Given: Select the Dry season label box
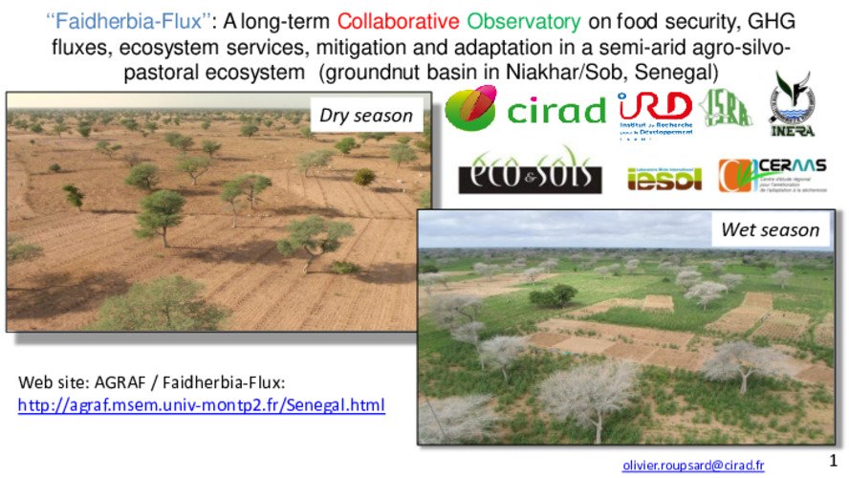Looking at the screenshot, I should coord(366,116).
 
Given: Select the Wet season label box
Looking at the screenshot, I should coord(770,229).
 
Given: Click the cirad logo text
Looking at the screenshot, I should coord(555,112).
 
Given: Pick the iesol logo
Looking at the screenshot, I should coord(667,176).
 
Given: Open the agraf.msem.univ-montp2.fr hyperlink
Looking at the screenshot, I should coord(202,405).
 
